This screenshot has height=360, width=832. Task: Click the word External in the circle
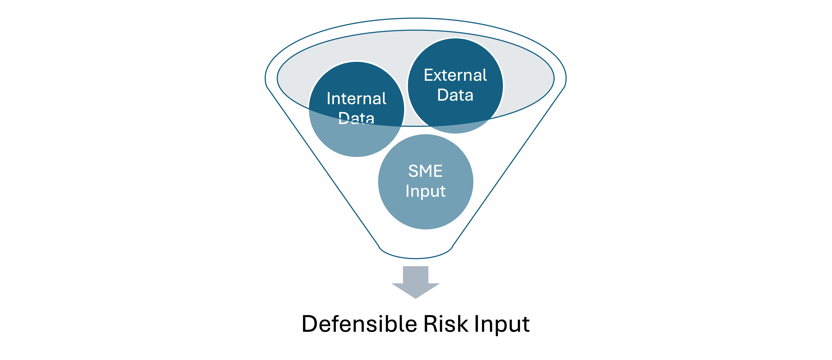pos(455,75)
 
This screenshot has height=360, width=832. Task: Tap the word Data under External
pos(455,95)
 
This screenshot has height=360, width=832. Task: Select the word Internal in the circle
pos(356,98)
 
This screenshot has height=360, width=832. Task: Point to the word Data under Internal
pos(356,118)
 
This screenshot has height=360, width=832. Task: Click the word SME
pos(425,171)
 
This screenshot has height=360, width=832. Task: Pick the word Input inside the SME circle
pos(425,191)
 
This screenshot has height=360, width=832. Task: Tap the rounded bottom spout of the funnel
pos(416,253)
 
